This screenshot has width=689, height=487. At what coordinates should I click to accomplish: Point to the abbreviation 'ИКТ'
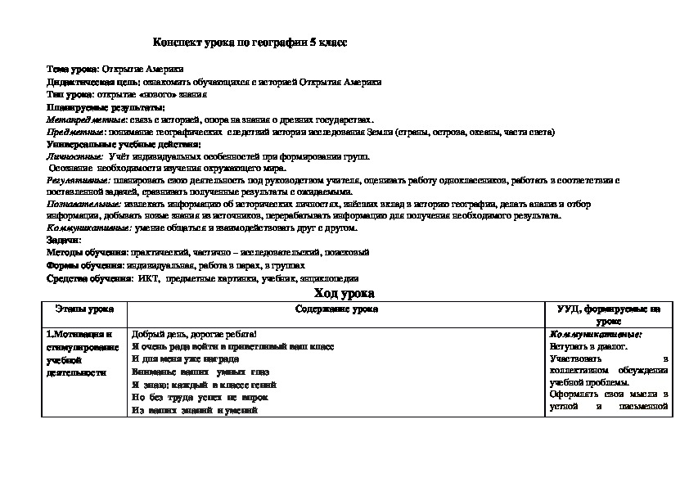[147, 278]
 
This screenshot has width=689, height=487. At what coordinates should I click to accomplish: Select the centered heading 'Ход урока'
[344, 292]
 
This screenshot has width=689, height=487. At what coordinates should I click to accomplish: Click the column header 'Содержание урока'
[336, 309]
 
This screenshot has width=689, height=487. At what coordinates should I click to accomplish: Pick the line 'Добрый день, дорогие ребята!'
[194, 335]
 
